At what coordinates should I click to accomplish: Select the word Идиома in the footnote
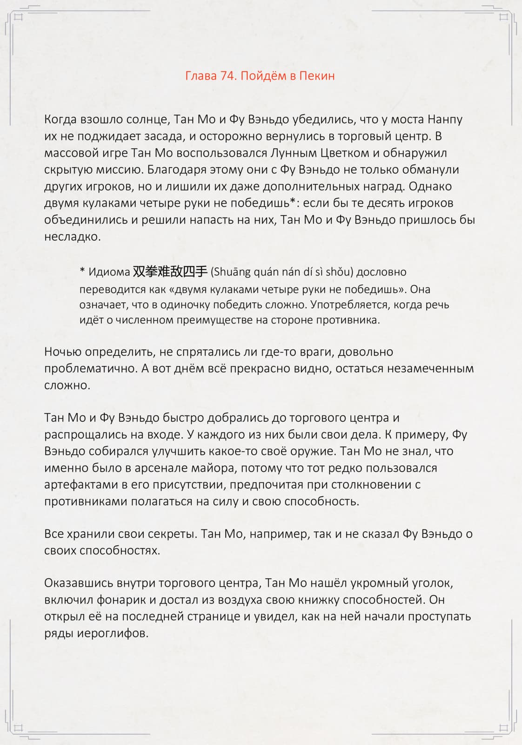click(109, 272)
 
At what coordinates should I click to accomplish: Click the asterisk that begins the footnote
click(82, 271)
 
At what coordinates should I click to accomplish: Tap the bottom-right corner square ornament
click(503, 727)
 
